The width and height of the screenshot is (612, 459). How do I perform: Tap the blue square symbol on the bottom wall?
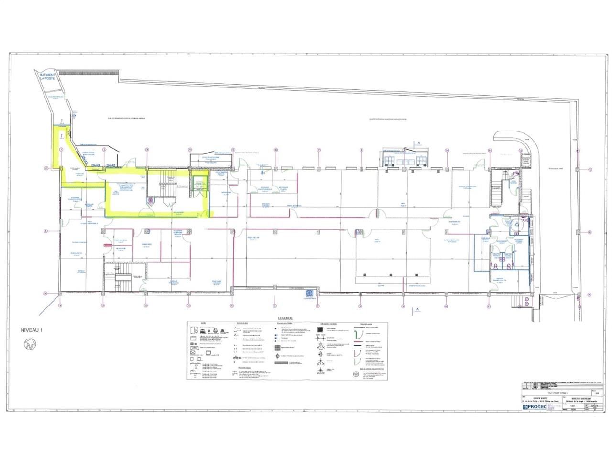coord(308,293)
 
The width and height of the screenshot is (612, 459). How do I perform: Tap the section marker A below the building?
coord(417,310)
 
